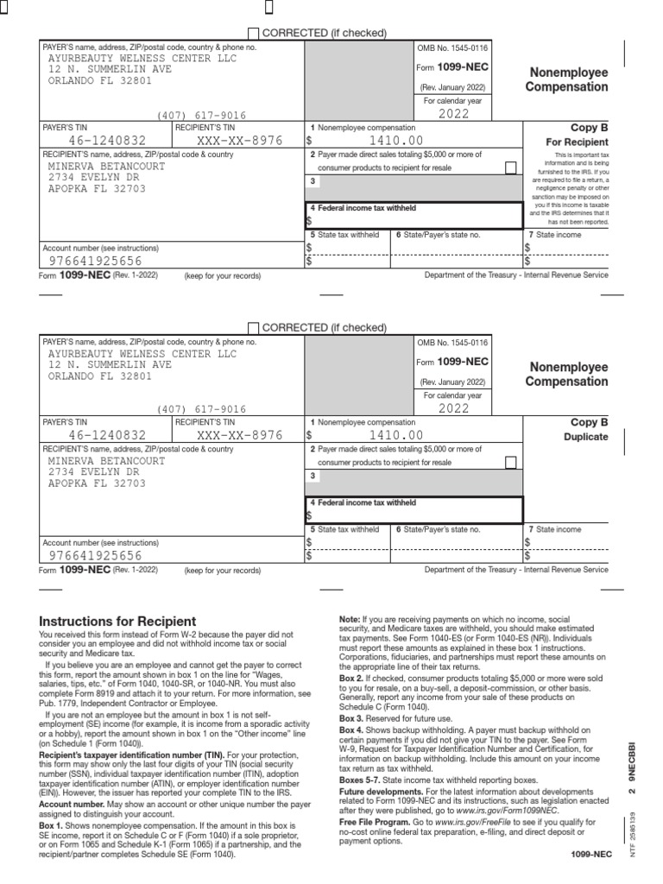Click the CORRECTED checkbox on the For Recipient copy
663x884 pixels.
pyautogui.click(x=253, y=33)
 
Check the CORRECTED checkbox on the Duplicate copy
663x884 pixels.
pyautogui.click(x=253, y=327)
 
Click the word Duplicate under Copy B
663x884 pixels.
pyautogui.click(x=586, y=437)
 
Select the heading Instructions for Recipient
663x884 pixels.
pyautogui.click(x=118, y=622)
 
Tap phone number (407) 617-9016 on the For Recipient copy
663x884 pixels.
pyautogui.click(x=201, y=115)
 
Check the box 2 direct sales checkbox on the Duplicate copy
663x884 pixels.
pyautogui.click(x=511, y=462)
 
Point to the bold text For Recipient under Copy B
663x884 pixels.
pyautogui.click(x=578, y=142)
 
